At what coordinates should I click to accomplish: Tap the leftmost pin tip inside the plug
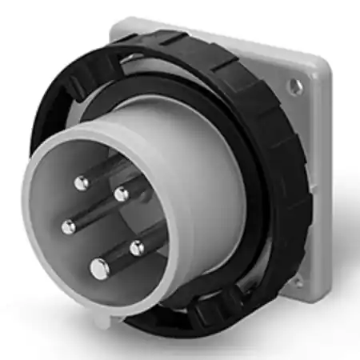[x=68, y=226]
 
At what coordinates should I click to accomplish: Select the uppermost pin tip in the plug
[x=81, y=183]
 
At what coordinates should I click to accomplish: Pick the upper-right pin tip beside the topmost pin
[x=121, y=194]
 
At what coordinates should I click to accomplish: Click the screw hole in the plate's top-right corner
[x=298, y=84]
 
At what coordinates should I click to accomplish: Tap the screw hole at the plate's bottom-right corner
[x=297, y=281]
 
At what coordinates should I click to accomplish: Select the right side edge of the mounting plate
[x=324, y=176]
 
